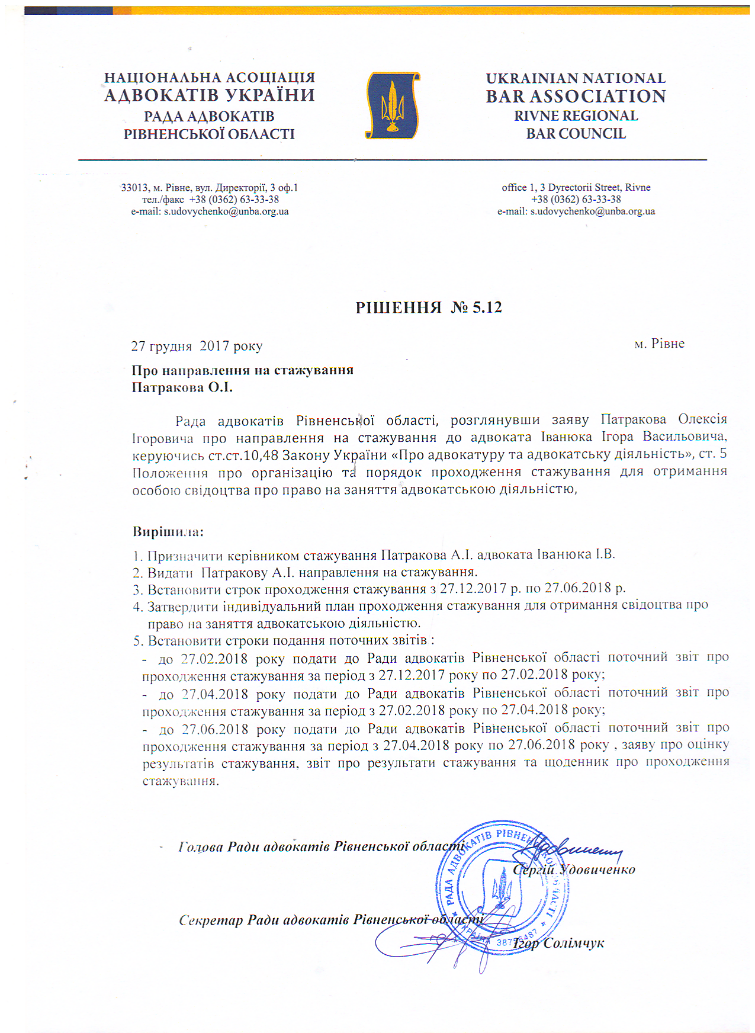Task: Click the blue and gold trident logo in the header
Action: (x=392, y=105)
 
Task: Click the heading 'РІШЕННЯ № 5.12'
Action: (x=429, y=307)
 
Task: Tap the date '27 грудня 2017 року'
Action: (x=197, y=346)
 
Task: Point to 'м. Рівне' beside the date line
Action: (x=659, y=344)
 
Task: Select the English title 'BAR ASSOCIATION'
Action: (x=576, y=97)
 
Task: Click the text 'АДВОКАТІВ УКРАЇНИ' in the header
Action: (x=210, y=95)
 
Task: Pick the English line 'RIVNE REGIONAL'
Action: (x=576, y=116)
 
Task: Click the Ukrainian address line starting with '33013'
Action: (x=210, y=188)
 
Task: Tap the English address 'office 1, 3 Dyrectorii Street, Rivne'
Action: (x=576, y=187)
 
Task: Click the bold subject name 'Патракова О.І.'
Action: (x=182, y=388)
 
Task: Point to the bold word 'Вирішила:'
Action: (x=168, y=531)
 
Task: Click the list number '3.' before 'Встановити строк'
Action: (x=138, y=590)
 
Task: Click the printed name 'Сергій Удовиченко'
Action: (x=574, y=870)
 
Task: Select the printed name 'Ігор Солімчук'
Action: (x=558, y=944)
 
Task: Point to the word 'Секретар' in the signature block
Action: (x=211, y=920)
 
